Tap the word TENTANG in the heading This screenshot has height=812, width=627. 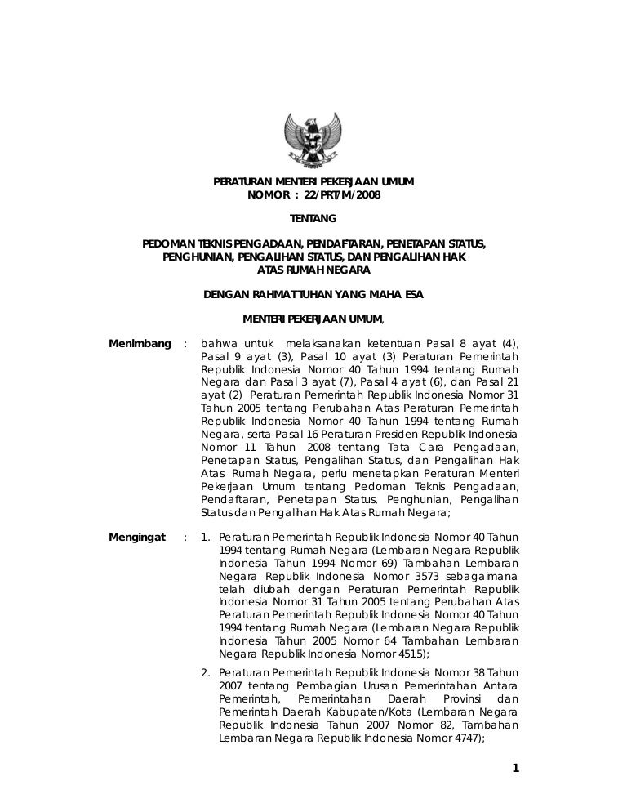[x=313, y=219]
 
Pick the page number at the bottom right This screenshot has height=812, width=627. [x=515, y=767]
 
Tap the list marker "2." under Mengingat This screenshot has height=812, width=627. [x=207, y=672]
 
